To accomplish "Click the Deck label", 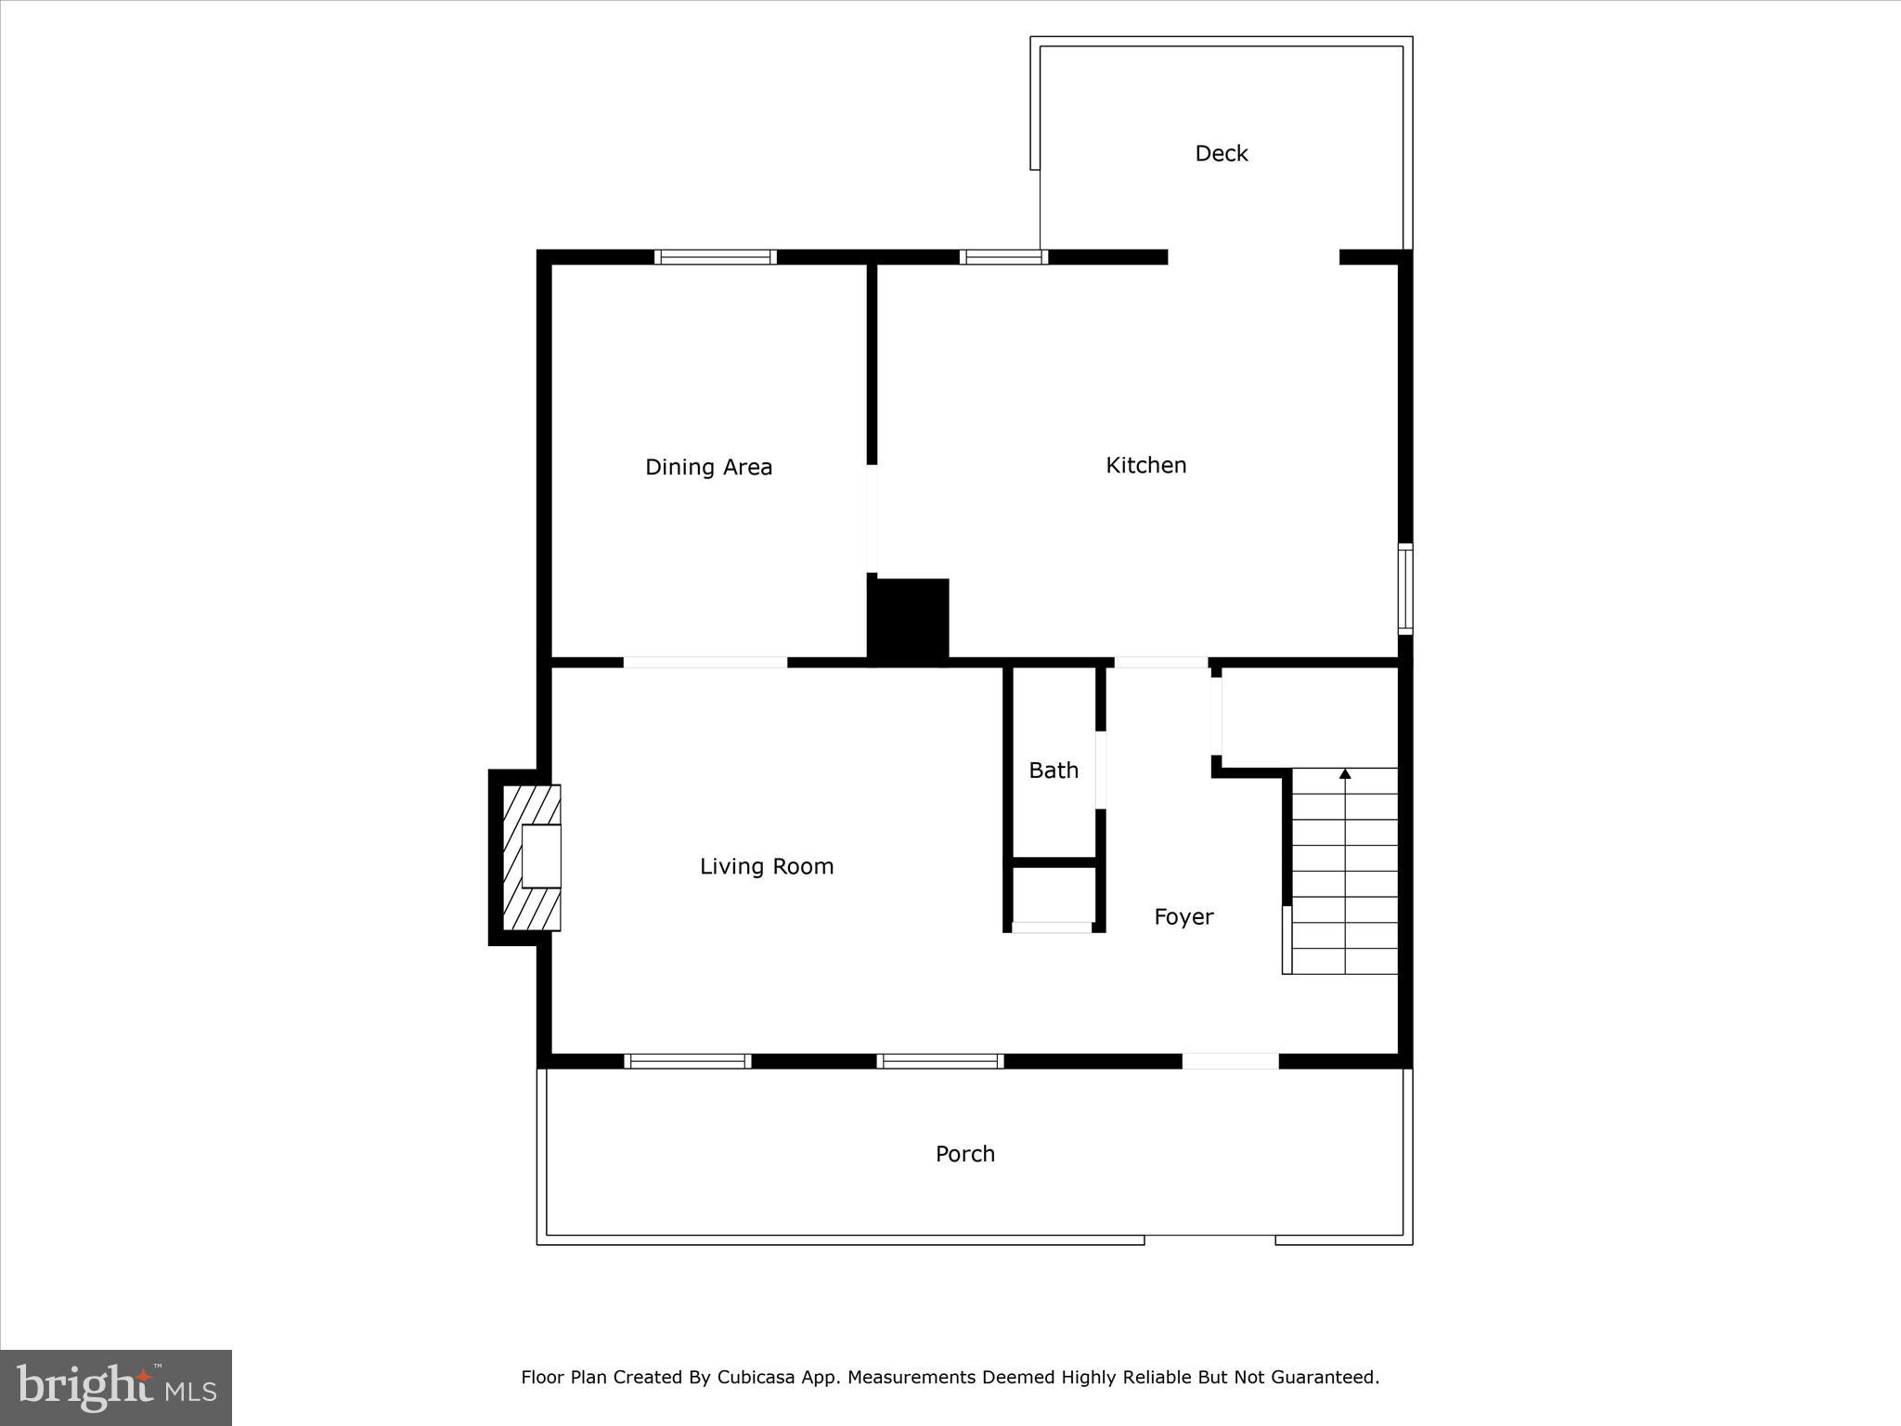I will click(1221, 153).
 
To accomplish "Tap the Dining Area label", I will click(708, 467).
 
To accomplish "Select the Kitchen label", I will click(1145, 465).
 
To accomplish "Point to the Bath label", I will click(1054, 771).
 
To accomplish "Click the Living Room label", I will click(767, 866).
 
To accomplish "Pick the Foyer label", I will click(1183, 917).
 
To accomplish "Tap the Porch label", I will click(964, 1154).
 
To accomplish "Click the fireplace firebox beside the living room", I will click(541, 856).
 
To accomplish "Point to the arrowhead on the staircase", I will click(1345, 773).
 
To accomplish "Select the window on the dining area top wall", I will click(715, 257).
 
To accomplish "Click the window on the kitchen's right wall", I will click(1405, 589).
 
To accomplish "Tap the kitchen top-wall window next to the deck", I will click(1003, 257).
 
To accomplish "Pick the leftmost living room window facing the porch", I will click(688, 1061).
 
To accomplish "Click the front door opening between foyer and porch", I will click(1230, 1061).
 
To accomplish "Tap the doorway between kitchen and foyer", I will click(1161, 662).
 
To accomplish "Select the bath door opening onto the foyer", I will click(1101, 770).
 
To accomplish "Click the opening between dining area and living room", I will click(705, 662).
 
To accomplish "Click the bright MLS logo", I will click(116, 1387).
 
